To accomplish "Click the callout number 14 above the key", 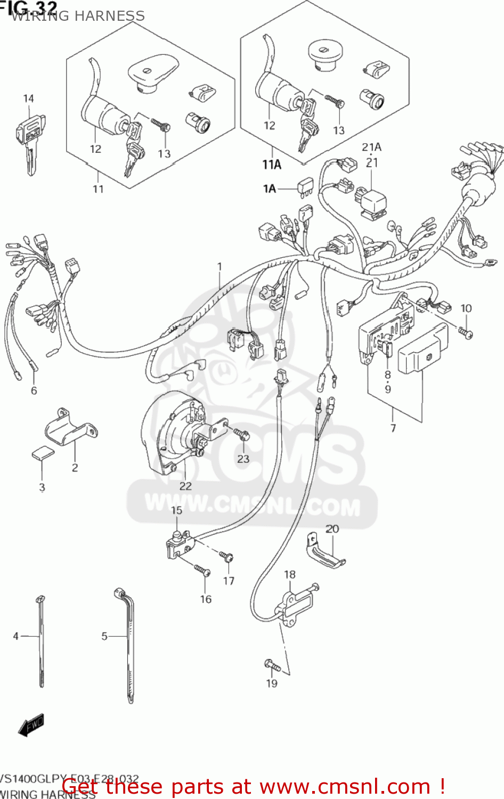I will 28,99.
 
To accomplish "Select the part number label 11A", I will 271,165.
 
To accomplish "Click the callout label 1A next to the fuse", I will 270,189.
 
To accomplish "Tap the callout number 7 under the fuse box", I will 393,428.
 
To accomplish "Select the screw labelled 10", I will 466,333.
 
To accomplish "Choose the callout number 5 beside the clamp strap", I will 104,636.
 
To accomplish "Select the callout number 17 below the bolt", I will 229,581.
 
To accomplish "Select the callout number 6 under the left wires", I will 34,390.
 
